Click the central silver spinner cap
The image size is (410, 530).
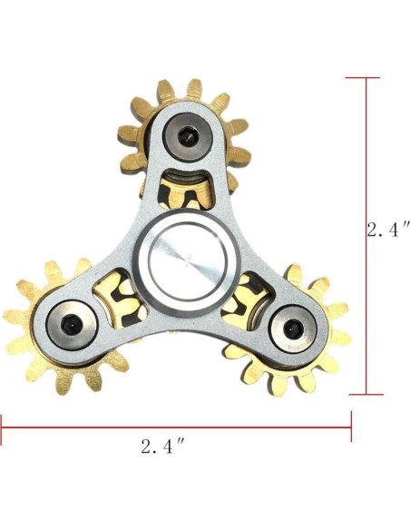click(187, 260)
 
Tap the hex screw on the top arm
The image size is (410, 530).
click(187, 137)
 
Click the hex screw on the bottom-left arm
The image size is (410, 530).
click(72, 324)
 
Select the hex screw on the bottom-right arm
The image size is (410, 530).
click(292, 329)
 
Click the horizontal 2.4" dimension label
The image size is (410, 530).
click(162, 447)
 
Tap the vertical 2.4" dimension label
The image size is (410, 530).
click(388, 231)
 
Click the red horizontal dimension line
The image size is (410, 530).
click(176, 427)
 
